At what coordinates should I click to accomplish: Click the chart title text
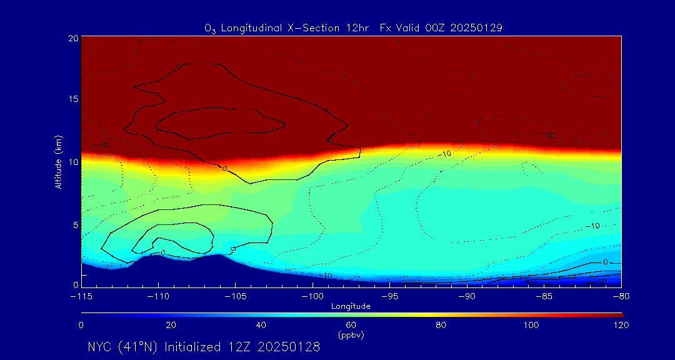pyautogui.click(x=354, y=27)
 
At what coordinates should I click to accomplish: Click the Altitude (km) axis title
pyautogui.click(x=58, y=162)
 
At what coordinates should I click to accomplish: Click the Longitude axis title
pyautogui.click(x=351, y=306)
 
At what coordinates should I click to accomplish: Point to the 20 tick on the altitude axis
pyautogui.click(x=72, y=38)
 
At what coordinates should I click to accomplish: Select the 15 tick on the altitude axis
pyautogui.click(x=72, y=100)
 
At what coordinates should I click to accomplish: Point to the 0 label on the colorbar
pyautogui.click(x=81, y=325)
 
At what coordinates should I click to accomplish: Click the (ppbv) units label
pyautogui.click(x=351, y=335)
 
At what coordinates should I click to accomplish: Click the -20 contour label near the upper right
pyautogui.click(x=549, y=135)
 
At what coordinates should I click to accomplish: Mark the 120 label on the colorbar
pyautogui.click(x=621, y=325)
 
